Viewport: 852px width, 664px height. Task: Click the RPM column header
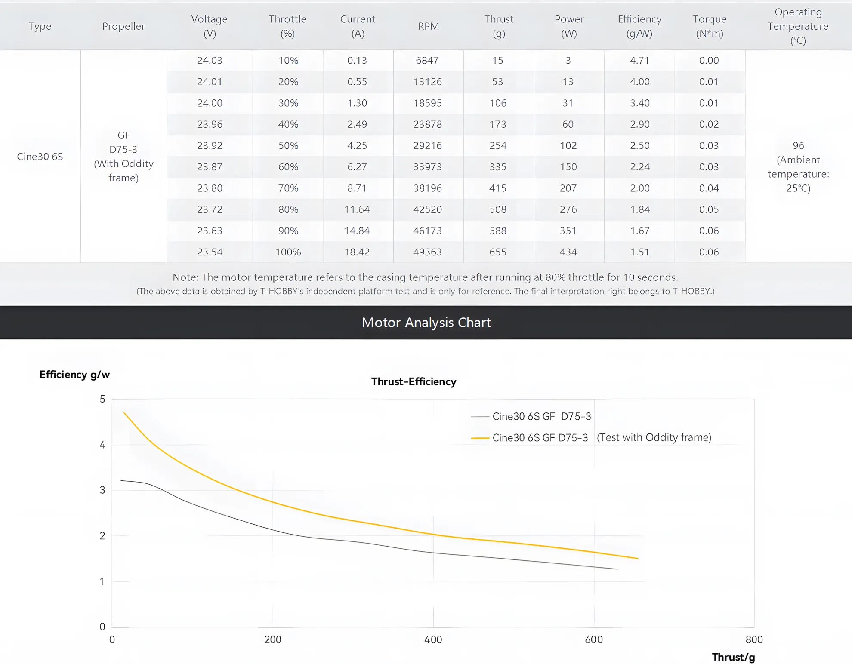tap(428, 26)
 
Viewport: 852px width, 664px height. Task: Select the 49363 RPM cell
tap(427, 252)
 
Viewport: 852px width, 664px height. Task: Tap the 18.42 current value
tap(357, 252)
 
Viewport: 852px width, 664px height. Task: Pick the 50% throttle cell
tap(288, 145)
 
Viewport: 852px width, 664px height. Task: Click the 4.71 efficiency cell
tap(639, 60)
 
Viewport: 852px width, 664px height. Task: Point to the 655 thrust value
tap(498, 252)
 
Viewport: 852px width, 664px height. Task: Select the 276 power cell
tap(568, 209)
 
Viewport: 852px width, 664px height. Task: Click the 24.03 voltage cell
tap(210, 60)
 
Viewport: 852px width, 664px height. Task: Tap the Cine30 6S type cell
tap(40, 157)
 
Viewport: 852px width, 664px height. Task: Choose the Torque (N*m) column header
tap(710, 26)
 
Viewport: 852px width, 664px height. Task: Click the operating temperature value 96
tap(798, 145)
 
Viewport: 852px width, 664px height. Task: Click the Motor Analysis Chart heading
tap(426, 323)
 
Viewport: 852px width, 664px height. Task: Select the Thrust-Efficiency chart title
tap(414, 381)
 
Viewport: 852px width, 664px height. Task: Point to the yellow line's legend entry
tap(591, 438)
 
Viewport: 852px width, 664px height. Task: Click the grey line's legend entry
tap(531, 416)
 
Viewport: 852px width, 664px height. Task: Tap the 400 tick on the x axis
tap(433, 639)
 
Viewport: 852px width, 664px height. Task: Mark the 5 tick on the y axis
tap(102, 399)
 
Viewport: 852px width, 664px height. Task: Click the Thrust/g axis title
tap(733, 657)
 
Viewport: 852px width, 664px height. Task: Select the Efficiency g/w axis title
tap(74, 375)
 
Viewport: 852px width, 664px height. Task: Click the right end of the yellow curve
tap(638, 558)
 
